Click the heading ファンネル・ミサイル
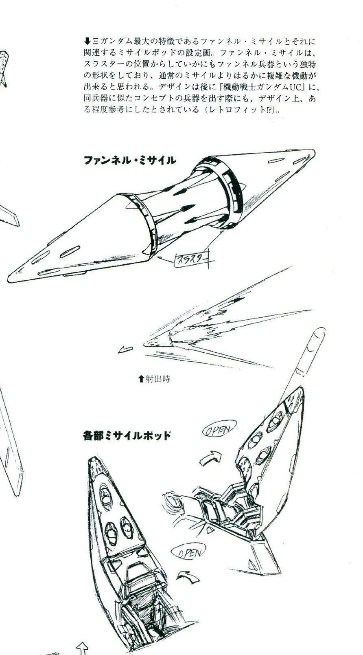pyautogui.click(x=130, y=160)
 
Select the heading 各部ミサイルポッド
pyautogui.click(x=126, y=436)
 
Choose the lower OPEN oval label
pyautogui.click(x=189, y=553)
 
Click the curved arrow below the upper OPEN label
pyautogui.click(x=210, y=459)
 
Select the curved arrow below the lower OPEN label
pyautogui.click(x=186, y=576)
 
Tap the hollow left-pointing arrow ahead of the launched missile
pyautogui.click(x=125, y=349)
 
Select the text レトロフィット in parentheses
pyautogui.click(x=236, y=110)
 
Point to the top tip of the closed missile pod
pyautogui.click(x=94, y=459)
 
